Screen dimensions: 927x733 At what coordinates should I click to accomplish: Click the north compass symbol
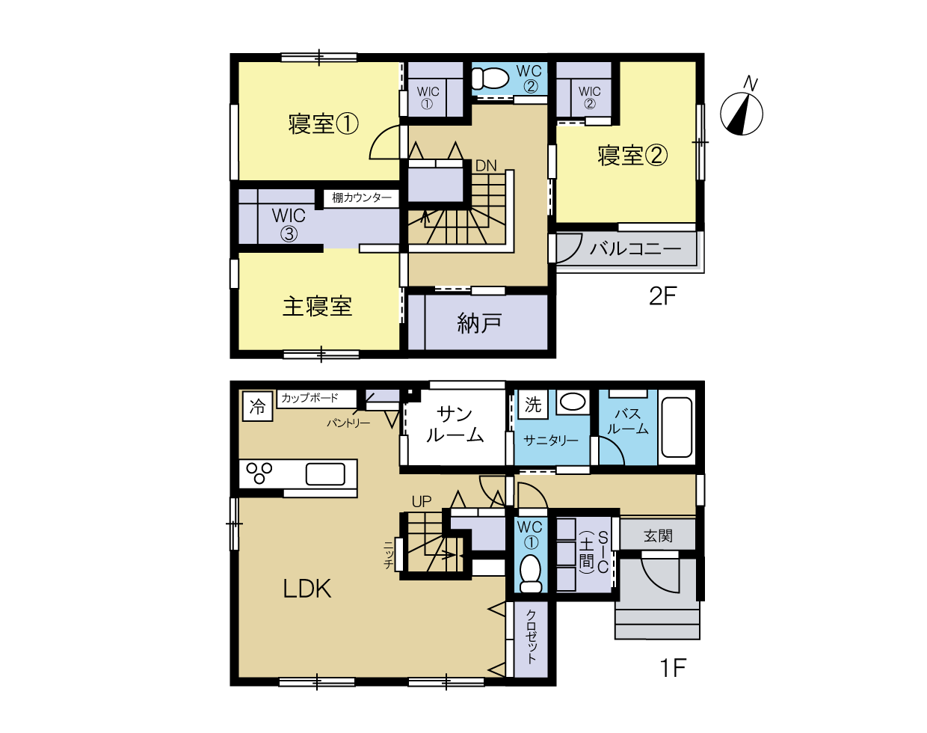[x=742, y=110]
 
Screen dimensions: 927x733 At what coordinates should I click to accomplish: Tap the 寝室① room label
[x=323, y=124]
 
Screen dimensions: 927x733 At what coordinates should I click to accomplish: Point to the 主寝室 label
[x=318, y=307]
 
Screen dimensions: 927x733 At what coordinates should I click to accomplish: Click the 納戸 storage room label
[x=479, y=323]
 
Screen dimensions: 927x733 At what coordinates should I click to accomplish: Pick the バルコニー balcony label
[x=635, y=249]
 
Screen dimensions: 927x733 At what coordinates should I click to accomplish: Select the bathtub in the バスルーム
[x=677, y=427]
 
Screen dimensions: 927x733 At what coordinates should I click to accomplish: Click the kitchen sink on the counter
[x=325, y=474]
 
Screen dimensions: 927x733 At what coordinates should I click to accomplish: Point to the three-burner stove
[x=259, y=473]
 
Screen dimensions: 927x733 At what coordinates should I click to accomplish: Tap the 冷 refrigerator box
[x=258, y=406]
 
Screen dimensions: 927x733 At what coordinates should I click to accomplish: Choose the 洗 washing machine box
[x=533, y=404]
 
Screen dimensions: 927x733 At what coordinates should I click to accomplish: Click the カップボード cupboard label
[x=309, y=398]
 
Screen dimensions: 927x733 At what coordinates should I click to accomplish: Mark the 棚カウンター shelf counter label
[x=362, y=197]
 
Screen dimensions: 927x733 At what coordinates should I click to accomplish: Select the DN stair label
[x=486, y=165]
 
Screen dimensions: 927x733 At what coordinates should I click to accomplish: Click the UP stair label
[x=422, y=501]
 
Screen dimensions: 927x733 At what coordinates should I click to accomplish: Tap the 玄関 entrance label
[x=658, y=536]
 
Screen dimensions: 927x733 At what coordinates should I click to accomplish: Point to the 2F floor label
[x=662, y=296]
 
